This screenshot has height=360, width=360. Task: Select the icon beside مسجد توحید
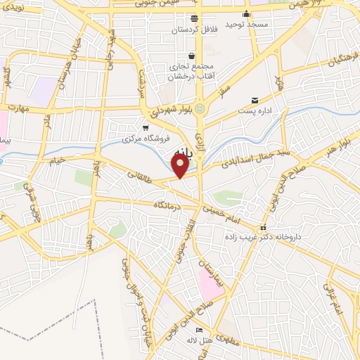click(246, 14)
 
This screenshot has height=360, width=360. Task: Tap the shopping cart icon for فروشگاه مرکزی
click(146, 128)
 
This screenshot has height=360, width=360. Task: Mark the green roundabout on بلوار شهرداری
click(200, 109)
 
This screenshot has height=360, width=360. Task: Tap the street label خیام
click(56, 160)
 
